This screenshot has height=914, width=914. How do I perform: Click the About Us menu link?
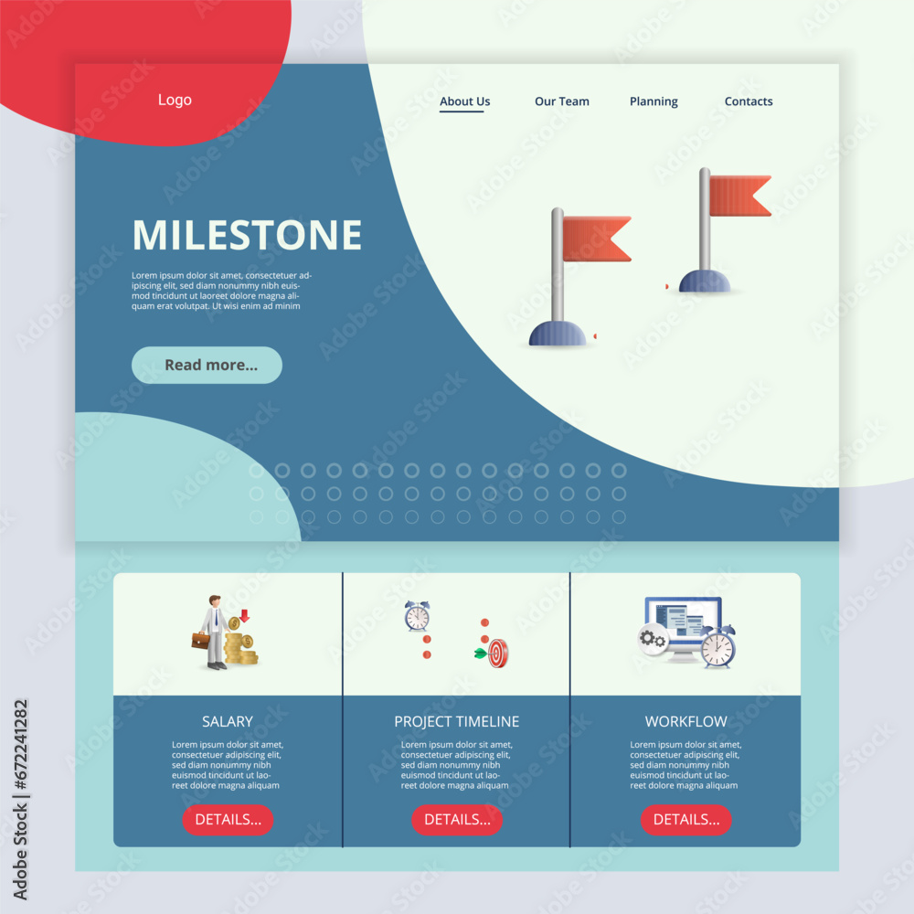(464, 101)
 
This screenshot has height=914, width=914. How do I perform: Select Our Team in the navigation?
(562, 101)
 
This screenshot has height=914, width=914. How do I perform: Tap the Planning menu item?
(654, 101)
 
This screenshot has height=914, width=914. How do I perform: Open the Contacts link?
(749, 101)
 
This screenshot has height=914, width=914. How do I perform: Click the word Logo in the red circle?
(175, 100)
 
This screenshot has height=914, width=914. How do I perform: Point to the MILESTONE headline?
(247, 235)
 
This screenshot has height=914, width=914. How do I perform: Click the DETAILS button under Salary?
(228, 819)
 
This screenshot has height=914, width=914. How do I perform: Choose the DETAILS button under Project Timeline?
(457, 819)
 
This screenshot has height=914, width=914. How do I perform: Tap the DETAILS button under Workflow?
(685, 819)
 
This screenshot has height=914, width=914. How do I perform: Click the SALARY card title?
(228, 721)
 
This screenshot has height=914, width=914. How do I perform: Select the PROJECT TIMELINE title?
(457, 721)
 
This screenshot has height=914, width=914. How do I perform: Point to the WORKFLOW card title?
(685, 721)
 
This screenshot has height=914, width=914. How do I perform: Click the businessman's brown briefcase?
(200, 640)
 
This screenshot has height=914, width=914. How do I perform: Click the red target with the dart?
(497, 653)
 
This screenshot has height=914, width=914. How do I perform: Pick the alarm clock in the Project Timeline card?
(417, 617)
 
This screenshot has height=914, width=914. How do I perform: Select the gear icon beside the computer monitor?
(652, 639)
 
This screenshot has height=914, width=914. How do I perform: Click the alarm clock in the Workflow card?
(718, 646)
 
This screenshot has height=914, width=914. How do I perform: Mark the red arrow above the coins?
(244, 616)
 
